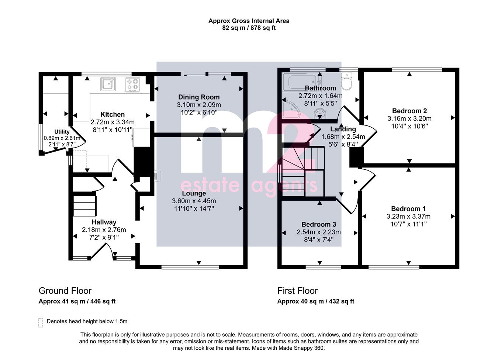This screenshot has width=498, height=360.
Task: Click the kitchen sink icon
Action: pos(108,84)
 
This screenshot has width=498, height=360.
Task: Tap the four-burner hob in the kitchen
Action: pos(132,84)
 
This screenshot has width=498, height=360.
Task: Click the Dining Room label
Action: pos(199,97)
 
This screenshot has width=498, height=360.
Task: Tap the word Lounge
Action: pos(194,193)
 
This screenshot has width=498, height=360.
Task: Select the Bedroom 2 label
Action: pos(409,111)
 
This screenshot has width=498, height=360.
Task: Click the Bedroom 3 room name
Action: pos(319,224)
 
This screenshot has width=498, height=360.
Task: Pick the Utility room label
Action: pos(62,132)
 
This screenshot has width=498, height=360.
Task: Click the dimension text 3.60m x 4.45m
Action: pos(194,201)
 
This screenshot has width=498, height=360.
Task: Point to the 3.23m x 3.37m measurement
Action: pos(408,217)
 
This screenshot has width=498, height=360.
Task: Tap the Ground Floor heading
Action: pos(65,291)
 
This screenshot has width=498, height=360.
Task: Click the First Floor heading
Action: pos(297,291)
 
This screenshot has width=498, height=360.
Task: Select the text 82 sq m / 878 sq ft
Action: pos(249,28)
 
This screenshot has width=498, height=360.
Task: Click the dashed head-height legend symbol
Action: pos(41,323)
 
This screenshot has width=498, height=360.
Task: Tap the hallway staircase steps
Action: pos(84,206)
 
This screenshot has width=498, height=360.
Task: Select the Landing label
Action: pos(343,129)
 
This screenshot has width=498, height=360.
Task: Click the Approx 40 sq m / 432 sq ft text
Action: pos(315,301)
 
